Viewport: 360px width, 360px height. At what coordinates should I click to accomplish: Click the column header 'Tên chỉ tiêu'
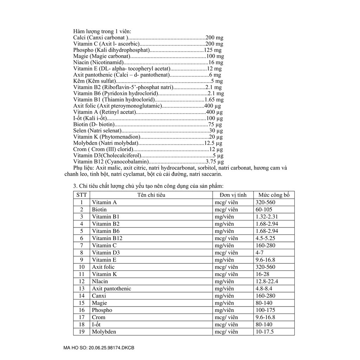click(x=151, y=195)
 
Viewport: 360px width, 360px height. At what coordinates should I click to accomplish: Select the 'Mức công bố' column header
click(x=274, y=195)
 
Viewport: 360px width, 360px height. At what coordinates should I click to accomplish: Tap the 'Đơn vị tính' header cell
click(x=233, y=195)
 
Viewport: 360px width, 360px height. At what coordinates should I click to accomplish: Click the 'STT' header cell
click(x=82, y=195)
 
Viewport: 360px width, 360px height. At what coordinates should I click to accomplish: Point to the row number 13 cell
click(x=82, y=288)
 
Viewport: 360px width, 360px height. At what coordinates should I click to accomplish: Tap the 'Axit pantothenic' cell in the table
click(x=111, y=288)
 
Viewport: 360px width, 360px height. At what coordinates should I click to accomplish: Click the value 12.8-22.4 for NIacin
click(x=268, y=281)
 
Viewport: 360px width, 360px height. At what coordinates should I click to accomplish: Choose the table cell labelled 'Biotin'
click(x=99, y=209)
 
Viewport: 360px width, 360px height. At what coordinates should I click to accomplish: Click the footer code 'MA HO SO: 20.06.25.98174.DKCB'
click(x=99, y=348)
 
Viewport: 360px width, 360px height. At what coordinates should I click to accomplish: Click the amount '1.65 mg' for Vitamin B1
click(x=214, y=99)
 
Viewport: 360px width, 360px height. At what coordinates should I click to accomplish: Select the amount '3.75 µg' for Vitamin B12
click(x=215, y=162)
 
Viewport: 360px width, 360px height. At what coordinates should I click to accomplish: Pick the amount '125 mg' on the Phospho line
click(x=213, y=50)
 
